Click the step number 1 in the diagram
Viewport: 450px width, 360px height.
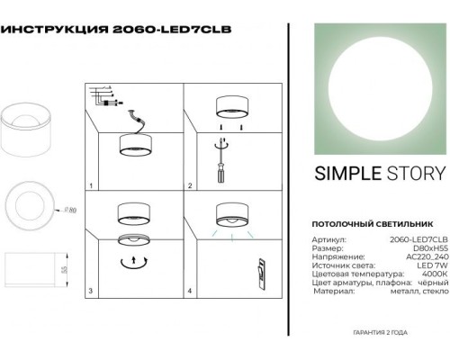pos(93,187)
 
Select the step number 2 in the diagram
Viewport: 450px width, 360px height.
pos(190,187)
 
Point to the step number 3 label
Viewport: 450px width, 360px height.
pos(93,292)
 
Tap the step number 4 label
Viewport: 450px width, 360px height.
pos(190,292)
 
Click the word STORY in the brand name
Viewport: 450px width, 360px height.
pos(412,175)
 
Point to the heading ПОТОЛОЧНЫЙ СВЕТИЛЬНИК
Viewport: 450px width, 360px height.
pos(358,220)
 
